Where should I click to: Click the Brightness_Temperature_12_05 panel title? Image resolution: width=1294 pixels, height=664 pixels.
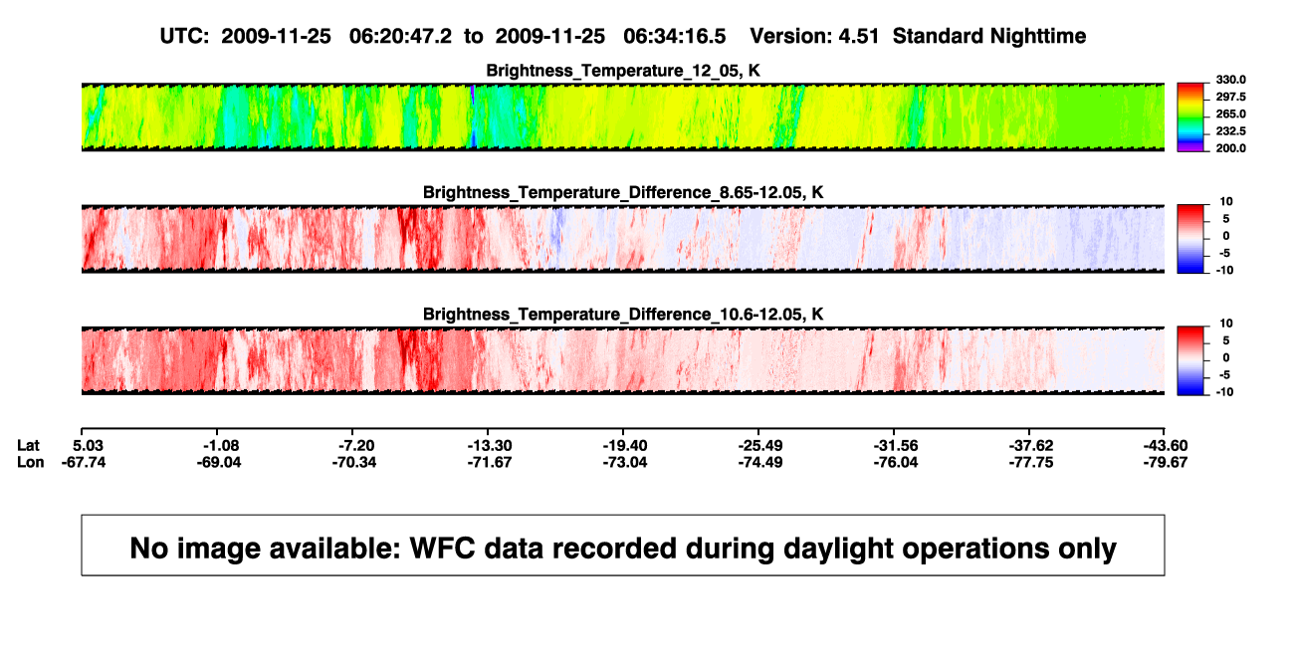(623, 71)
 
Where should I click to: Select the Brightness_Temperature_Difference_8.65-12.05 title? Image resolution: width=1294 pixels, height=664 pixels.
(623, 192)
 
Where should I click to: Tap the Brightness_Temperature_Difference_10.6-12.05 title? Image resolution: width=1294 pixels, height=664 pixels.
(623, 315)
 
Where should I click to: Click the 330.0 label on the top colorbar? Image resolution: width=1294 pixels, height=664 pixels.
(1230, 80)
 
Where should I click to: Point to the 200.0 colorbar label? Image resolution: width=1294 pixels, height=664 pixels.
(1230, 148)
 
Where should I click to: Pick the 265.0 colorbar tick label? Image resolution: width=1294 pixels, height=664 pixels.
(1230, 113)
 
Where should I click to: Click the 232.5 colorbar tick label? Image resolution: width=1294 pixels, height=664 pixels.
(1230, 131)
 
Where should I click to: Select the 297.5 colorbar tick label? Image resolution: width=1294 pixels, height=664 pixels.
(1230, 97)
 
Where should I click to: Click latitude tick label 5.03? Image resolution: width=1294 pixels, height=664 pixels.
(88, 446)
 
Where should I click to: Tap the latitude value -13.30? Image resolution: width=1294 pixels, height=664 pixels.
(490, 446)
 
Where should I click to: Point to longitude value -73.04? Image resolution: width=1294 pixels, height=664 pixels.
(624, 462)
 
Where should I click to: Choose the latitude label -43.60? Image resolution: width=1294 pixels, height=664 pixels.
(1166, 446)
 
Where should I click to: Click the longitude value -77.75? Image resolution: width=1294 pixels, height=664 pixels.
(1030, 462)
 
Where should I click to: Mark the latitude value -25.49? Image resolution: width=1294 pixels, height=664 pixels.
(760, 446)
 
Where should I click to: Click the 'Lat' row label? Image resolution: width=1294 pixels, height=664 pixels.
(28, 446)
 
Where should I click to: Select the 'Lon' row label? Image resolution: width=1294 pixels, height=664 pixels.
(30, 462)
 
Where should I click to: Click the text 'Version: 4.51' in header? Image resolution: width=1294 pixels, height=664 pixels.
(814, 36)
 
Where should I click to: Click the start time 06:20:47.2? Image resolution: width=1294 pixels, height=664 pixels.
(400, 36)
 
